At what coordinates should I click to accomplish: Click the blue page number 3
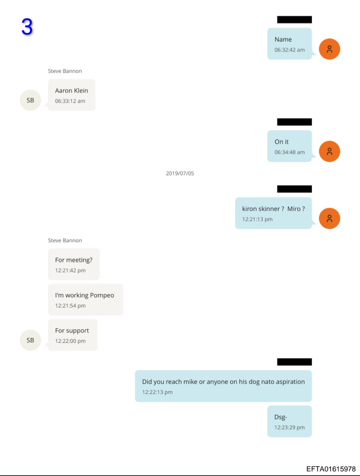[x=27, y=27]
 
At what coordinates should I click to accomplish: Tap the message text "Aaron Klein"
[x=71, y=90]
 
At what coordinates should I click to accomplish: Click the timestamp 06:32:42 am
[x=289, y=50]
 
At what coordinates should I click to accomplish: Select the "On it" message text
[x=281, y=142]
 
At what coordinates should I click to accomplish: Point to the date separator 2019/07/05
[x=180, y=173]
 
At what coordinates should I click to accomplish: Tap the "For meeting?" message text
[x=73, y=260]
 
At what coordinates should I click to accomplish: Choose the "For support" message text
[x=72, y=330]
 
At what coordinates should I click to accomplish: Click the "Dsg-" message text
[x=281, y=417]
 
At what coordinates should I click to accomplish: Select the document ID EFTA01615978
[x=331, y=469]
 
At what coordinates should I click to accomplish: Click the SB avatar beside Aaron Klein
[x=31, y=100]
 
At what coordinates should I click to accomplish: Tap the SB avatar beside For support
[x=31, y=340]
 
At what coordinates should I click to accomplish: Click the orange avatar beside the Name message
[x=329, y=49]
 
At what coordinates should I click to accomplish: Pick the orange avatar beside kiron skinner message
[x=329, y=219]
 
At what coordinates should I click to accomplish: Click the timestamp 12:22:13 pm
[x=157, y=392]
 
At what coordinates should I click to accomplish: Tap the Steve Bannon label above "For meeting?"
[x=65, y=240]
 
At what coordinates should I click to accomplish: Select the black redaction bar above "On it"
[x=294, y=122]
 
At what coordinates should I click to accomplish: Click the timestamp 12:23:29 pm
[x=289, y=428]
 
